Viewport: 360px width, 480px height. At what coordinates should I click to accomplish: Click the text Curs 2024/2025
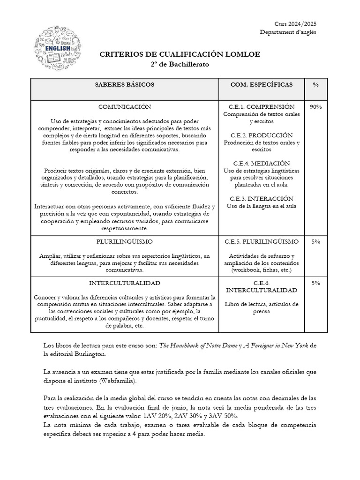(x=295, y=24)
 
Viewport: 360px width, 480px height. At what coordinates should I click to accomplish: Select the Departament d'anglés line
(x=288, y=32)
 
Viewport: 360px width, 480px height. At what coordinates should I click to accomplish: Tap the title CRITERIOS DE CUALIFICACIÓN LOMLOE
(x=180, y=55)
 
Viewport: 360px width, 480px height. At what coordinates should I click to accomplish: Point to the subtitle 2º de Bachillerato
(x=180, y=64)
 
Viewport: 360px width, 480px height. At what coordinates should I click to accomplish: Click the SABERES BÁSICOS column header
(x=125, y=84)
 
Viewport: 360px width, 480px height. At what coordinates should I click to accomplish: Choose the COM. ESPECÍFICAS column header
(x=262, y=84)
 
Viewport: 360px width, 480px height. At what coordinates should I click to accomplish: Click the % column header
(x=316, y=84)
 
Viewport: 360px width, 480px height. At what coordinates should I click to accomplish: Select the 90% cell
(x=316, y=107)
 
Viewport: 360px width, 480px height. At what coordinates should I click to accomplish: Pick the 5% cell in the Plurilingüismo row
(x=316, y=241)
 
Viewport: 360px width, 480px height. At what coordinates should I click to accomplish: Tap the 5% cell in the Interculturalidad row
(x=316, y=283)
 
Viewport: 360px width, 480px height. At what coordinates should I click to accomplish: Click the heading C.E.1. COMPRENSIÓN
(x=262, y=107)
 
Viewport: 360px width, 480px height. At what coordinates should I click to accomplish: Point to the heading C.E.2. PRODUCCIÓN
(x=262, y=135)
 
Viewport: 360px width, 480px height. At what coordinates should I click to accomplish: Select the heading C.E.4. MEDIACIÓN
(x=262, y=163)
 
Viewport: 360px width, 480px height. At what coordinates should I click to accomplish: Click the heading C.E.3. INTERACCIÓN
(x=262, y=198)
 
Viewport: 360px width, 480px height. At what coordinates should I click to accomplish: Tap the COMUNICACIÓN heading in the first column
(x=125, y=107)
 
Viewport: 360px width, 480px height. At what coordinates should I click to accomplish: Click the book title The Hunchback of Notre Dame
(x=198, y=345)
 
